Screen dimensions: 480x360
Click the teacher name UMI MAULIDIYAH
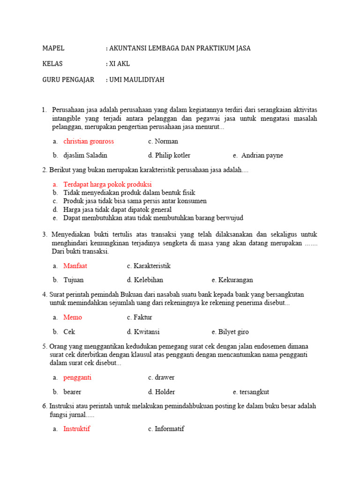pos(137,80)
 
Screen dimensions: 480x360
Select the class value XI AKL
pos(120,64)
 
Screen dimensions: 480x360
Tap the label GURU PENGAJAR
pos(68,80)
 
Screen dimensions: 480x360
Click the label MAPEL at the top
pos(53,48)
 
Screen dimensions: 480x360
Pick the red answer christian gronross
pos(89,141)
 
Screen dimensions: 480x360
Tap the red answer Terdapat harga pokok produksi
pos(107,184)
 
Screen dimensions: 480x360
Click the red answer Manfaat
pos(75,266)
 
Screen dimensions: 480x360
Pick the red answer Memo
pos(73,317)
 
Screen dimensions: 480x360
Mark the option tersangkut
pos(254,392)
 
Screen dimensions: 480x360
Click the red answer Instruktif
pos(77,428)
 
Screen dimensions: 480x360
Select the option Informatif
pos(169,428)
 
